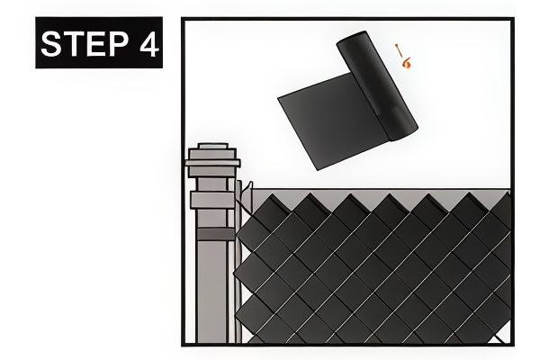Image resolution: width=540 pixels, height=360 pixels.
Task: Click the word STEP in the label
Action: click(x=85, y=43)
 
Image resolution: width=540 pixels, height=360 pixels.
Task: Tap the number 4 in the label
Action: click(x=149, y=44)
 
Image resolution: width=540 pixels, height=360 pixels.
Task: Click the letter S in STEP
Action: click(x=51, y=44)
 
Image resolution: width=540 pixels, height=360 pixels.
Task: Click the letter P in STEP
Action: click(x=118, y=44)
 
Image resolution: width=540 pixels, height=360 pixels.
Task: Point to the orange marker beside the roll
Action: click(x=403, y=56)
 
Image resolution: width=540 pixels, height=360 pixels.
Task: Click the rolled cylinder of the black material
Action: click(x=377, y=85)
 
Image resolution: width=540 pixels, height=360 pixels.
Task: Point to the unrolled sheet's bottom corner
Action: click(x=317, y=170)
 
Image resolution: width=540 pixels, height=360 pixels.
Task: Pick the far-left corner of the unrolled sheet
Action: click(x=278, y=98)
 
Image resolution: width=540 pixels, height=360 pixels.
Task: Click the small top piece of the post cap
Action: click(x=212, y=146)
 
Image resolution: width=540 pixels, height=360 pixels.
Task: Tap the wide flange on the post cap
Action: click(x=212, y=163)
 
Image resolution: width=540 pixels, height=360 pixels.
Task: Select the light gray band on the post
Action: click(x=213, y=200)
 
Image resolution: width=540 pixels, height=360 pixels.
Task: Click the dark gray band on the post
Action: click(x=216, y=234)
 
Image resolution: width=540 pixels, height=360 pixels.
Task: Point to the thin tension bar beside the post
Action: click(x=238, y=262)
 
